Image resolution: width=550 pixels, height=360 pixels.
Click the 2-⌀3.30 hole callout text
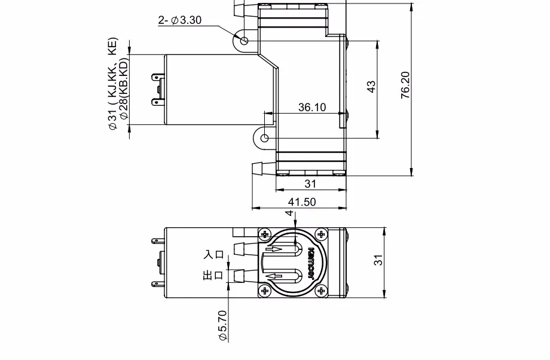179,20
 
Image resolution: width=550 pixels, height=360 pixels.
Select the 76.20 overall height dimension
405,85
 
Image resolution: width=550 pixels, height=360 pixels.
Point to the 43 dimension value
371,87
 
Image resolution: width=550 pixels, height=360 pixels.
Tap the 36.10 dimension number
312,108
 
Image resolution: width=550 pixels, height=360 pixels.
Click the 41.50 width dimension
301,202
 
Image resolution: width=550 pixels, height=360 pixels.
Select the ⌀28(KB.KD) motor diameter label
124,90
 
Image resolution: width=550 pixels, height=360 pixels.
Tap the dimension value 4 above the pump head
289,213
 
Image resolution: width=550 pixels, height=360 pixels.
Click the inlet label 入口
213,254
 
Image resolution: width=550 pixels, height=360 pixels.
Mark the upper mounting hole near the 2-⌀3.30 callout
245,40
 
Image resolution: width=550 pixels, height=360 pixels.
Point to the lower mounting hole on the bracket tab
264,138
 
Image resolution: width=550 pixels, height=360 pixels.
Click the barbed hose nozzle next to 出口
239,276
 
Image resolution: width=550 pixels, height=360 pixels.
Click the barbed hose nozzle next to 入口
239,249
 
